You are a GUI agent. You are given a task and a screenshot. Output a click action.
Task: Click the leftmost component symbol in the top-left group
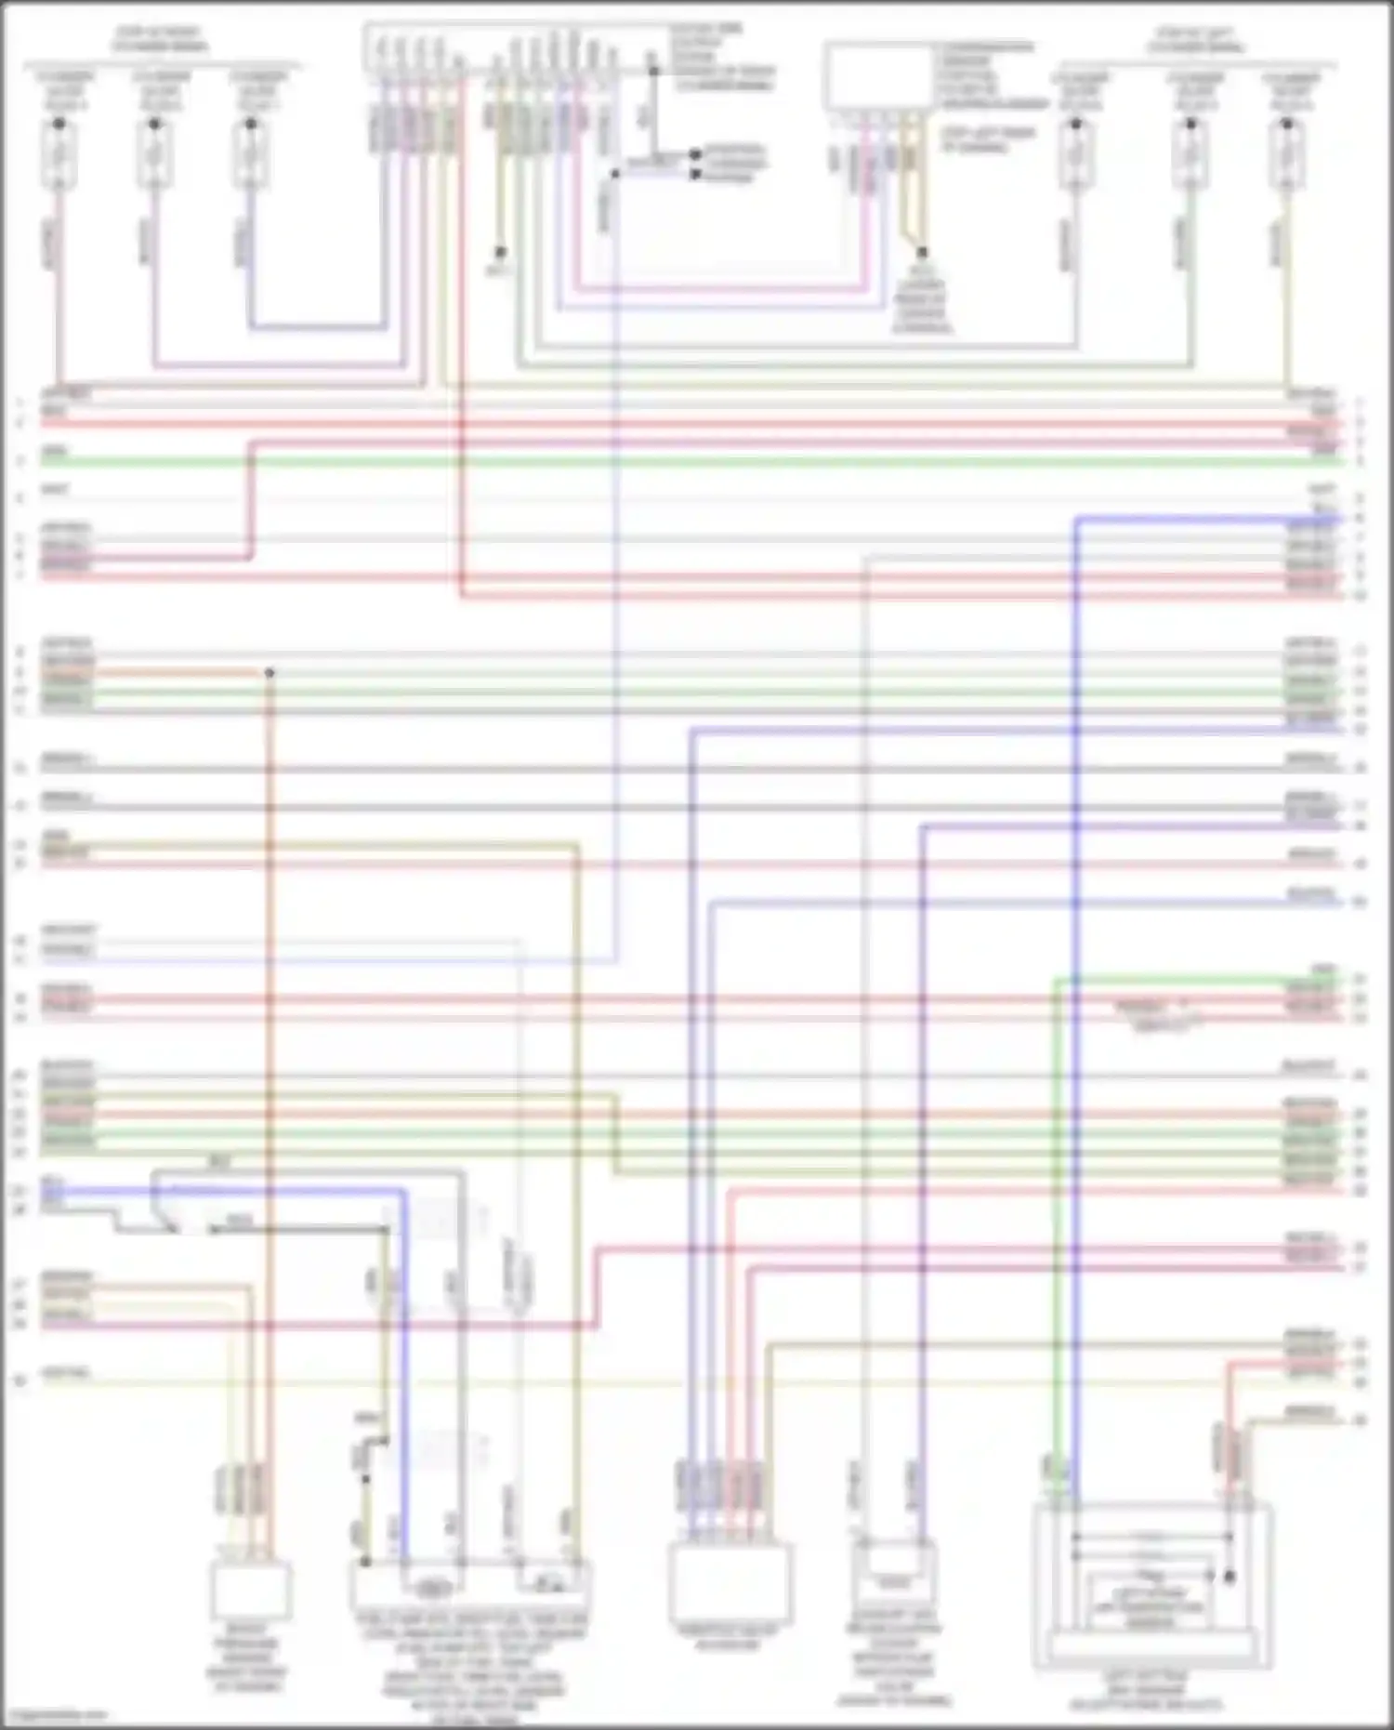point(59,153)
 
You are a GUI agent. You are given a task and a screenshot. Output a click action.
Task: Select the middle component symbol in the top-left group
point(154,153)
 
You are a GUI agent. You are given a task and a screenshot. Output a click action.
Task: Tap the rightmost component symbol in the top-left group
point(250,153)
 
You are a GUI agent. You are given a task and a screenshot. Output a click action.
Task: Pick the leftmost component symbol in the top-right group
point(1076,153)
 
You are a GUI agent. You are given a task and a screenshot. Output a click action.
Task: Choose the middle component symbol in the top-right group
point(1190,153)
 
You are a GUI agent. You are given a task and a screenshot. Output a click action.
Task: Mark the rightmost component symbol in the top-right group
point(1286,153)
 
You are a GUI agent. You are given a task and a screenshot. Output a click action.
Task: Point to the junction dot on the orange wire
point(270,672)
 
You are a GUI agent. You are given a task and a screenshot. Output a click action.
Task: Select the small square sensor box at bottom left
point(250,1590)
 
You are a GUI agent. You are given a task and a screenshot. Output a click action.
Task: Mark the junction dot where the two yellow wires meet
point(922,252)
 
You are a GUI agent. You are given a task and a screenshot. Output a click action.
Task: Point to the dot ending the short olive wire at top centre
point(500,252)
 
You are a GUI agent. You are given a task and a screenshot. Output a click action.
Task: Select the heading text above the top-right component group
point(1195,39)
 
